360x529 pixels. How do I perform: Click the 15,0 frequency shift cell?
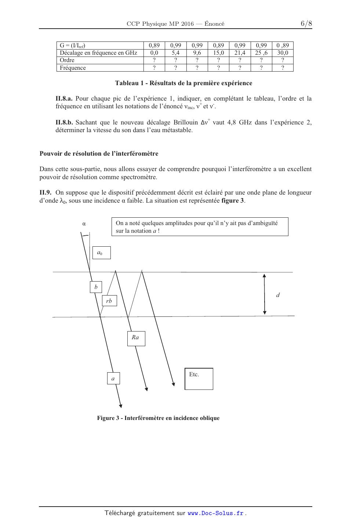click(x=218, y=53)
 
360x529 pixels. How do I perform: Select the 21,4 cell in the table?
click(x=240, y=53)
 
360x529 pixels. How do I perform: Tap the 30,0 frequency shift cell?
click(x=283, y=53)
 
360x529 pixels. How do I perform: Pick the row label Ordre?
click(x=67, y=60)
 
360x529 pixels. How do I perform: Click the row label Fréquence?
click(x=73, y=68)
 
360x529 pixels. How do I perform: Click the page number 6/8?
click(x=306, y=24)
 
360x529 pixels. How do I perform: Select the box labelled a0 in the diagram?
click(x=102, y=253)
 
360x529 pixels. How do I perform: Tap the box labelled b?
click(x=96, y=287)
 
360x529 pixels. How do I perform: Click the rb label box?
click(x=109, y=301)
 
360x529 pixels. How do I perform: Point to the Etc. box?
click(x=199, y=378)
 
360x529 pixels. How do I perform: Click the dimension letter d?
click(x=278, y=295)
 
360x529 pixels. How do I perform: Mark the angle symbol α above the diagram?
click(x=84, y=223)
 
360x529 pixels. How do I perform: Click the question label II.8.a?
click(x=64, y=98)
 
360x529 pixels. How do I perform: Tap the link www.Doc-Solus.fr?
click(x=215, y=513)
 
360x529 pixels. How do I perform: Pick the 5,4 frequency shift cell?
click(x=176, y=53)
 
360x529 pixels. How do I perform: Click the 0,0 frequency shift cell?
click(x=154, y=53)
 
